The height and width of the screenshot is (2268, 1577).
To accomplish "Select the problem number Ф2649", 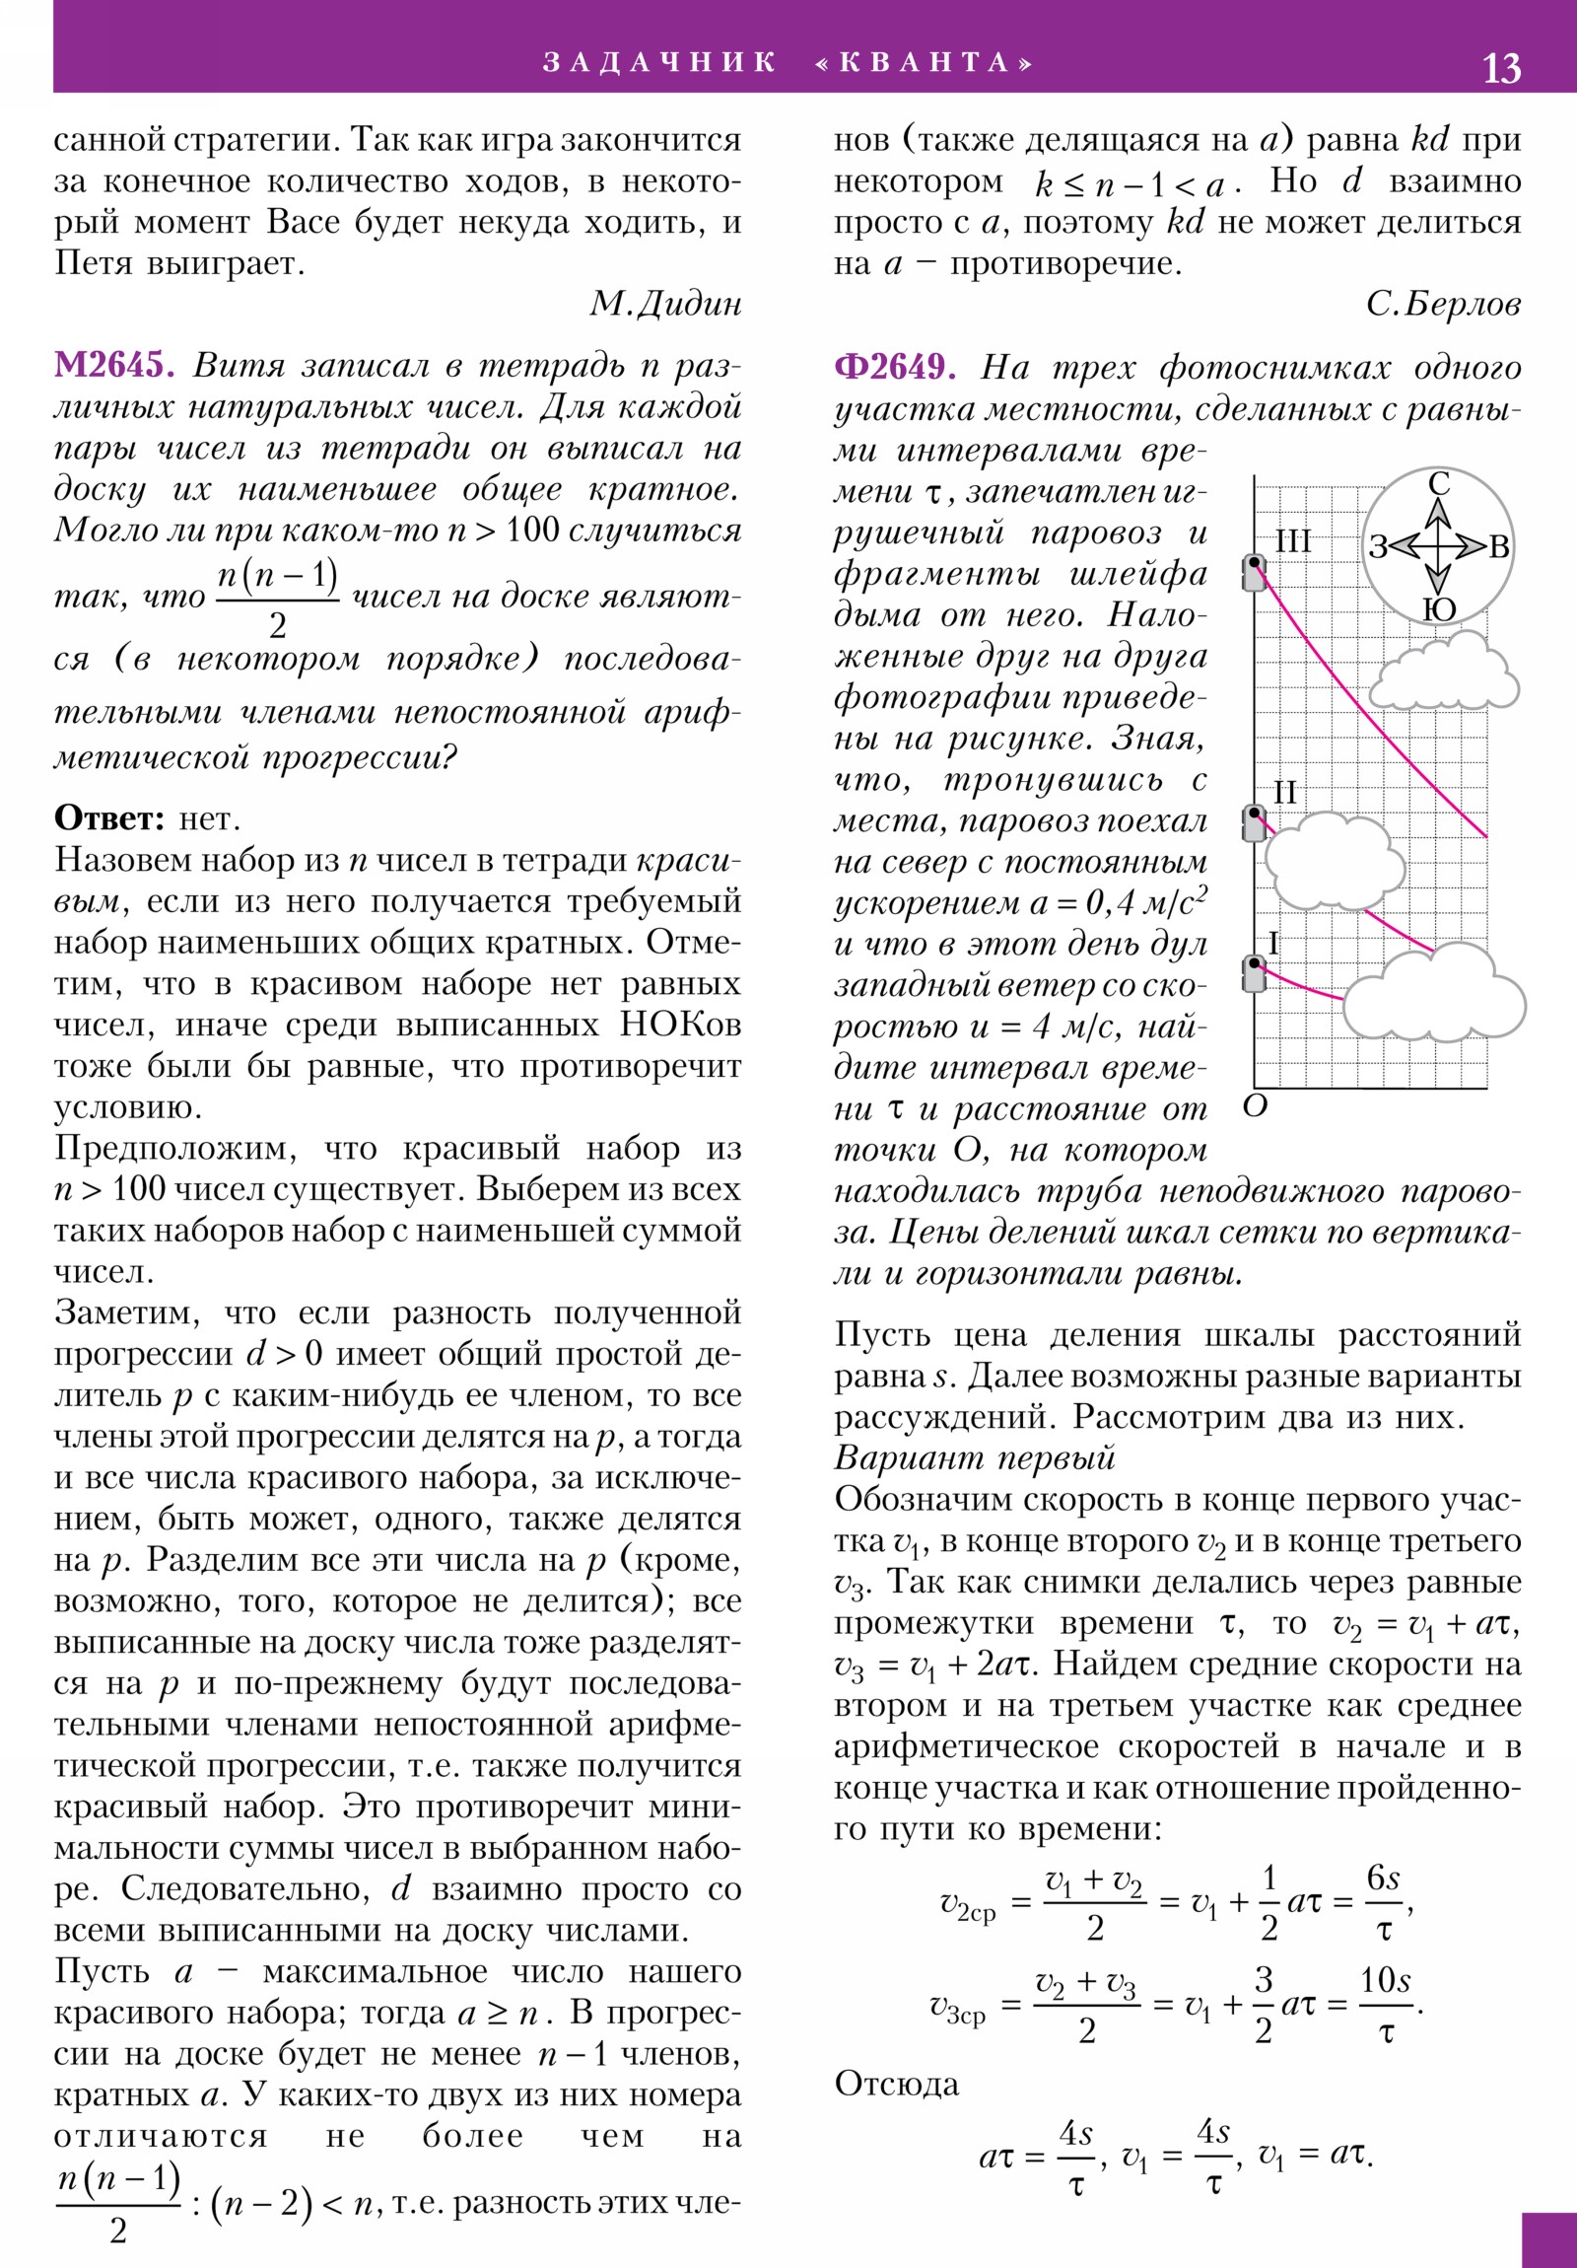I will coord(895,369).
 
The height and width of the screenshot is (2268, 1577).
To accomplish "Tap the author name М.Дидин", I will coord(664,305).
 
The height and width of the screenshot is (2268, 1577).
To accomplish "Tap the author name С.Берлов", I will coord(1443,305).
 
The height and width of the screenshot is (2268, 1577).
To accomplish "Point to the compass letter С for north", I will coord(1439,484).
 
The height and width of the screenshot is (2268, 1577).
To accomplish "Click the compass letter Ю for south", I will coord(1440,609).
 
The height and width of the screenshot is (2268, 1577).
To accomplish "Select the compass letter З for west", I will coord(1379,547).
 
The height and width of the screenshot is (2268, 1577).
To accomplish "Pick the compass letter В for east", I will coord(1499,547).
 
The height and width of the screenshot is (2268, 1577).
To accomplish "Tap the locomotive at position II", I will coord(1254,822).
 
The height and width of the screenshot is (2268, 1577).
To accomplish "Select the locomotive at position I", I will coord(1254,974).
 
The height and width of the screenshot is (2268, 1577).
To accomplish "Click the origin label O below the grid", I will coord(1254,1106).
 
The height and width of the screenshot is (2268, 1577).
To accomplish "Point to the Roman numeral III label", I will coord(1292,541).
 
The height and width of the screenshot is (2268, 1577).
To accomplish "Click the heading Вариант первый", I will coord(974,1459).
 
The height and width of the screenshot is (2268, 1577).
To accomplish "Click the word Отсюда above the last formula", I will coord(897,2085).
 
